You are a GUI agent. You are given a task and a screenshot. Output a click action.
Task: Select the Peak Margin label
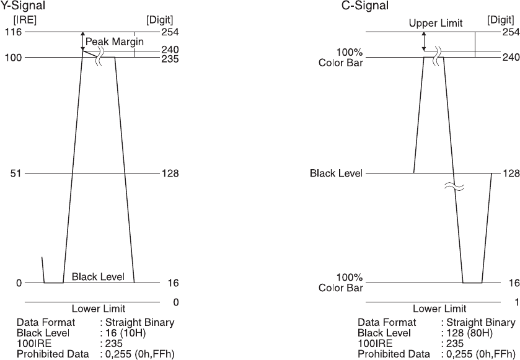click(x=115, y=42)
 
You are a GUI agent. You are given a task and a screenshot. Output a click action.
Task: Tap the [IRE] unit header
click(x=25, y=20)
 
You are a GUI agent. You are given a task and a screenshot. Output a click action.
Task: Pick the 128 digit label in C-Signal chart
click(x=510, y=173)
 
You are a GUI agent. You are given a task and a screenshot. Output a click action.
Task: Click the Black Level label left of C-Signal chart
click(x=336, y=173)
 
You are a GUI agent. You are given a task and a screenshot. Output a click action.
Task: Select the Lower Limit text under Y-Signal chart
click(x=99, y=309)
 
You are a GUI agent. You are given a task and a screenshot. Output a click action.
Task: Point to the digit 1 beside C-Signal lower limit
click(x=516, y=302)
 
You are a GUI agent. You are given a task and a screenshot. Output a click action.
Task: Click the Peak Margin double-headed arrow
click(x=82, y=41)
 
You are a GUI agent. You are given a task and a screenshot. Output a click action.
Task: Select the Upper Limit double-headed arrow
click(x=424, y=41)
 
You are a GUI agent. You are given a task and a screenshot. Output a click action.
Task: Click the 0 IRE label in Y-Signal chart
click(x=19, y=283)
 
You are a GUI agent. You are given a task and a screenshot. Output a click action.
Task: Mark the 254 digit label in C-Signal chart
click(x=510, y=32)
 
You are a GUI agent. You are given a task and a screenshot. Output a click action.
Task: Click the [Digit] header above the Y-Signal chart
click(x=160, y=20)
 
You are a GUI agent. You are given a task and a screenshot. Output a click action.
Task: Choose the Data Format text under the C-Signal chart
click(x=387, y=323)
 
